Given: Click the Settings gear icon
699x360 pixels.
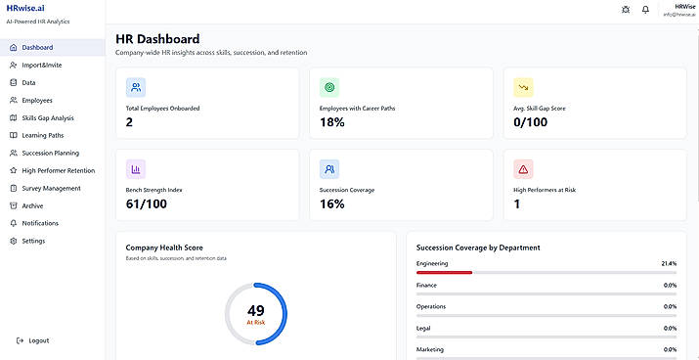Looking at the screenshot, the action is [14, 241].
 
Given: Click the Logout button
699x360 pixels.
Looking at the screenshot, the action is [32, 340].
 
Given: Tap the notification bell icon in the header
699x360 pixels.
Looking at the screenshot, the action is [645, 10].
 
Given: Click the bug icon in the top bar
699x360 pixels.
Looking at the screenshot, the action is [626, 10].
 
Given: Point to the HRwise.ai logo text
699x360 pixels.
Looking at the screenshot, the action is [25, 8].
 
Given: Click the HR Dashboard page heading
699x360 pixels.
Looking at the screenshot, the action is [157, 39].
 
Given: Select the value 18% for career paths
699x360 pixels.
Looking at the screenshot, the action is [332, 122].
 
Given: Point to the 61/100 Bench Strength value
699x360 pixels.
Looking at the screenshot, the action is [147, 204].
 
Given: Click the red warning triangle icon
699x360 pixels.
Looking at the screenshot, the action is [523, 169].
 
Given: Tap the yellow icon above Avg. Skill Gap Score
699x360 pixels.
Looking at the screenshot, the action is [523, 87].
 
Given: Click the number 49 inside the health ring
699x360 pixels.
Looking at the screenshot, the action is [256, 310].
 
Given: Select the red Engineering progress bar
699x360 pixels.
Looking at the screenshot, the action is [444, 272].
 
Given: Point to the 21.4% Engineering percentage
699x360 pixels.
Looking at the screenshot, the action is [669, 263].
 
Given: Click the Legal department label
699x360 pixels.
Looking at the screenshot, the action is [424, 329].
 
